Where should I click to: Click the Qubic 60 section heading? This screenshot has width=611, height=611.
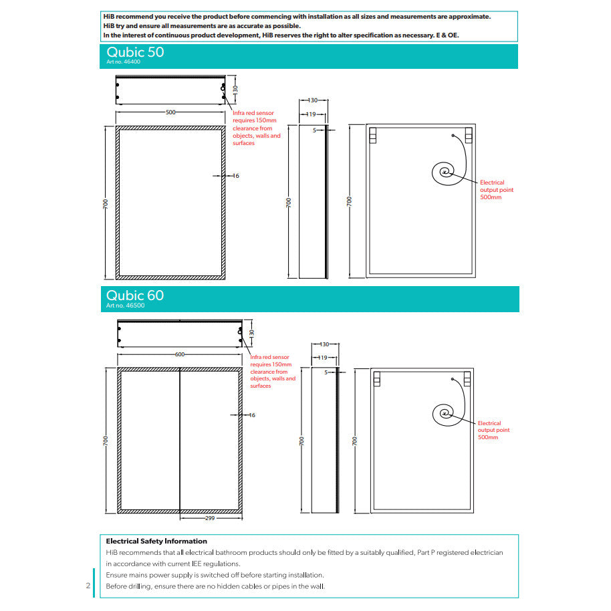135,295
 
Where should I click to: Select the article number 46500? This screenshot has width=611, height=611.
125,305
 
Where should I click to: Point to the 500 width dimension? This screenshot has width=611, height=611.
170,112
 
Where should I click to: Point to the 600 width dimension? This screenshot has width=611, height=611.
179,354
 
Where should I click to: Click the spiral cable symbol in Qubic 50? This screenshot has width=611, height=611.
445,173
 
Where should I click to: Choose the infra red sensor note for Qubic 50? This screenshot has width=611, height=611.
257,128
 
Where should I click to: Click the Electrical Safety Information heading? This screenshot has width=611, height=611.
156,541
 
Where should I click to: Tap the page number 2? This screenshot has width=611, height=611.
88,586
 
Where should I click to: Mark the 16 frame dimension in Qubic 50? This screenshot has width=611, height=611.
235,176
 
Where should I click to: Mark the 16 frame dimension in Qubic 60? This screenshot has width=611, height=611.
252,415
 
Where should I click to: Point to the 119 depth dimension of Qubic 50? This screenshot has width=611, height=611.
310,115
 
